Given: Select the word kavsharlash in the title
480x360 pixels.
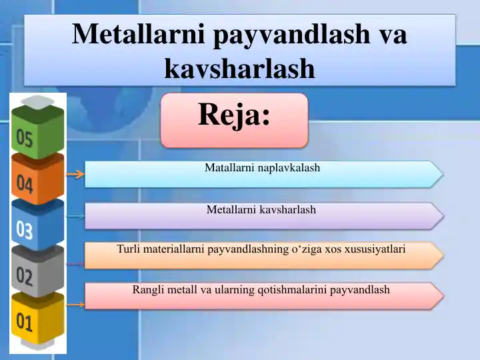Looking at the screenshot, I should point(239,68).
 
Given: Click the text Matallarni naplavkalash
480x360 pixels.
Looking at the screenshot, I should point(262,168).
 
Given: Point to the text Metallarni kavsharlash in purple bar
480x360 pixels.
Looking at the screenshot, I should point(261,210).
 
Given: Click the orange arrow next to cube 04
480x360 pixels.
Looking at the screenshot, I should point(75,175).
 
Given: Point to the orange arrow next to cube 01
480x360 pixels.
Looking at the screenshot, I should point(75,305).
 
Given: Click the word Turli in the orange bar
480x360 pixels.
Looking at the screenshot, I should point(128,249).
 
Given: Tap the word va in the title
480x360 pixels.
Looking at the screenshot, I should point(393,35).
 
